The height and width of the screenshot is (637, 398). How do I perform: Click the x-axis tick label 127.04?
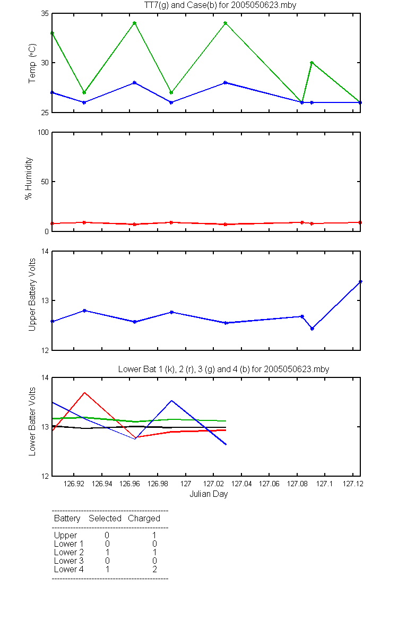click(x=241, y=484)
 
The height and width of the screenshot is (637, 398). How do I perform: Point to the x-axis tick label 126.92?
click(x=74, y=484)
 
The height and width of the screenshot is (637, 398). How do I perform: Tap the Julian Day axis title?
click(x=209, y=494)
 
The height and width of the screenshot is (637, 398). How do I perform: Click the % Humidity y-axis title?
click(x=29, y=178)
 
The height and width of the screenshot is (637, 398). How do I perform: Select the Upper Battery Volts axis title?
click(x=32, y=295)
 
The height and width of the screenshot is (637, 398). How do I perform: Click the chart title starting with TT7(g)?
click(x=220, y=5)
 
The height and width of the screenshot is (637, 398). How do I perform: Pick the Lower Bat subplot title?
click(x=223, y=369)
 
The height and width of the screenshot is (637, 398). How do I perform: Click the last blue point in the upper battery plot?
click(x=360, y=282)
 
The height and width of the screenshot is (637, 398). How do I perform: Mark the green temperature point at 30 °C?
click(x=312, y=63)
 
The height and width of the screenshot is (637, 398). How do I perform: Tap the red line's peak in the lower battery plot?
click(x=84, y=393)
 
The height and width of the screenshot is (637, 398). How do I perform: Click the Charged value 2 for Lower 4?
click(x=154, y=569)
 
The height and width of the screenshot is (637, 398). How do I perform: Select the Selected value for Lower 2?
click(x=107, y=552)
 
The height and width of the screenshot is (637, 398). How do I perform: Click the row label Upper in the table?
click(x=65, y=536)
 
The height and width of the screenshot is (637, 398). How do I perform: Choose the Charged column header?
click(x=144, y=519)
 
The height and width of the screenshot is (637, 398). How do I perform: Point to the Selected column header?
click(x=105, y=519)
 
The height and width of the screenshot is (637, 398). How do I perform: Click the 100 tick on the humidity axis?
click(x=43, y=133)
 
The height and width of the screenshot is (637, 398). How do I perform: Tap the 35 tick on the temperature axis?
click(x=45, y=14)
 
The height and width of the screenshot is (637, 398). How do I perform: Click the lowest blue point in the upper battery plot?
click(x=312, y=329)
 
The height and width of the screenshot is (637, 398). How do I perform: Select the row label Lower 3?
click(x=69, y=561)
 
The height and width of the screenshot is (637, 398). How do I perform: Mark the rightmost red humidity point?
click(x=360, y=222)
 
